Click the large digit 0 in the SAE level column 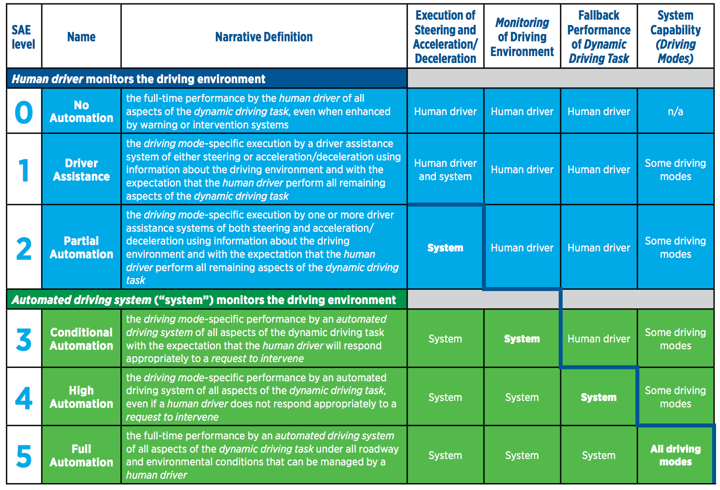pyautogui.click(x=24, y=112)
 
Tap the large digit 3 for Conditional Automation pyautogui.click(x=24, y=339)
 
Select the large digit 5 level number pyautogui.click(x=24, y=456)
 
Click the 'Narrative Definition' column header pyautogui.click(x=264, y=37)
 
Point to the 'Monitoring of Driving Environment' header pyautogui.click(x=522, y=37)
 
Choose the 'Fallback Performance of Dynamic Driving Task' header pyautogui.click(x=599, y=37)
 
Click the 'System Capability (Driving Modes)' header pyautogui.click(x=675, y=37)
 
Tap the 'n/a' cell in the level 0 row pyautogui.click(x=675, y=112)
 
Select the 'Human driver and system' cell pyautogui.click(x=445, y=170)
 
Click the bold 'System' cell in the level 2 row pyautogui.click(x=445, y=248)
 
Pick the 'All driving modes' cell pyautogui.click(x=675, y=455)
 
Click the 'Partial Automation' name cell pyautogui.click(x=81, y=247)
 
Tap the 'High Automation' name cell pyautogui.click(x=81, y=397)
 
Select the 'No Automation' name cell pyautogui.click(x=81, y=112)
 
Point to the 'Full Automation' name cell pyautogui.click(x=81, y=456)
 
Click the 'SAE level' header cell pyautogui.click(x=24, y=37)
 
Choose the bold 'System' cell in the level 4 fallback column pyautogui.click(x=599, y=398)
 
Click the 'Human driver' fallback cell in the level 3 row pyautogui.click(x=599, y=339)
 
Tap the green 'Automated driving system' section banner pyautogui.click(x=207, y=300)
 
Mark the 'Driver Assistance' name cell pyautogui.click(x=81, y=170)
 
